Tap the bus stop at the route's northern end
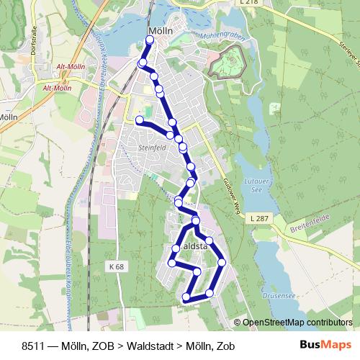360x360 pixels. [150, 41]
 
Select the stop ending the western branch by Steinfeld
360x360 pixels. [139, 120]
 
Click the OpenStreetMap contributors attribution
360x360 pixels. [297, 323]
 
